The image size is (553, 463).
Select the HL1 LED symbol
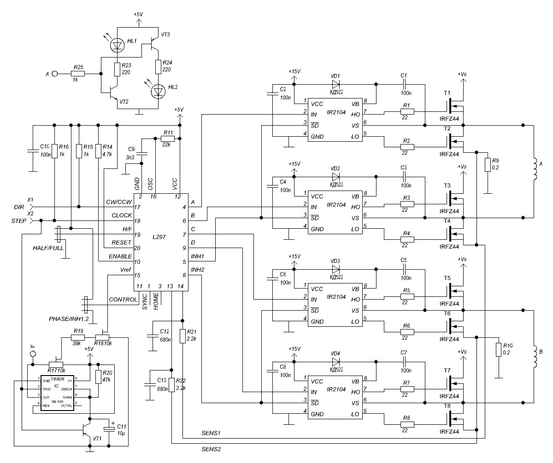tap(117, 45)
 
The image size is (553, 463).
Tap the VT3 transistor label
tap(166, 34)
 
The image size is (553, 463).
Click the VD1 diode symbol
tap(335, 84)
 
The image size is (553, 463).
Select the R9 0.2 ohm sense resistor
tap(488, 164)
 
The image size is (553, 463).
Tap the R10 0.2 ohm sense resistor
tap(498, 349)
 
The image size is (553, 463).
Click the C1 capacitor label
tap(404, 75)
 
